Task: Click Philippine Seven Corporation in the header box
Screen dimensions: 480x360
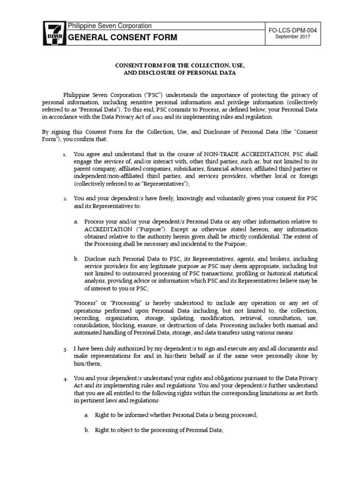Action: click(x=110, y=26)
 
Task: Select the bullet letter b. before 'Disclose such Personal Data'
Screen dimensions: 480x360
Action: click(x=76, y=258)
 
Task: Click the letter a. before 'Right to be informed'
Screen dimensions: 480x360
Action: click(x=86, y=415)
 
